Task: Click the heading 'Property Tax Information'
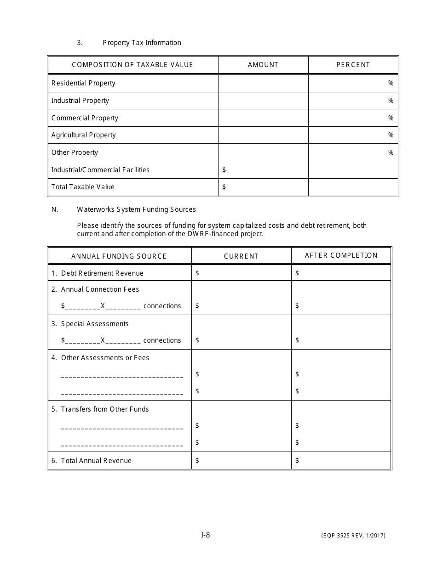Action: [142, 43]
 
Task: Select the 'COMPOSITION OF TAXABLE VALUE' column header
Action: [132, 65]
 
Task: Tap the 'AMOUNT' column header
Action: [263, 65]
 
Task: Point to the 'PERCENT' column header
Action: [353, 65]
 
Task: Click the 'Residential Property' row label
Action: [83, 83]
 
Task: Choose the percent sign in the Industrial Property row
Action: [391, 101]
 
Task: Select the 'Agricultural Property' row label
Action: [83, 135]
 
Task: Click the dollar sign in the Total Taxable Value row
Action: [224, 187]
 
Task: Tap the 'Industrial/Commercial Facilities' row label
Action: [100, 170]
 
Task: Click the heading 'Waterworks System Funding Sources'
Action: [136, 209]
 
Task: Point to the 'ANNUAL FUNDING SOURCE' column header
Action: [119, 256]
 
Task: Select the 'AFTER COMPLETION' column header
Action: [341, 255]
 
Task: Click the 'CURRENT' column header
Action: [241, 256]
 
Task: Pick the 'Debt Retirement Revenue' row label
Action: [102, 273]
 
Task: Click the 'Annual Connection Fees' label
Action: [100, 289]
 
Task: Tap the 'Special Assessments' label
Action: [95, 324]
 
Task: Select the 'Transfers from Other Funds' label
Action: [105, 409]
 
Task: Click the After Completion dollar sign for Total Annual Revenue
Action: [297, 461]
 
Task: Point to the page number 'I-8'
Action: [206, 535]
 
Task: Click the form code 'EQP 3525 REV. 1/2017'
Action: [353, 536]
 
